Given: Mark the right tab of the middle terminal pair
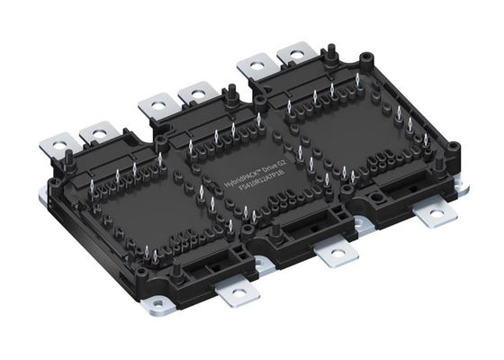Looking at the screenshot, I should [193, 94].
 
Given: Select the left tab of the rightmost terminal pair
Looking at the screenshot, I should [253, 66].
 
